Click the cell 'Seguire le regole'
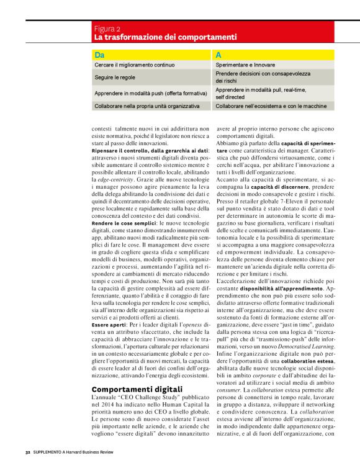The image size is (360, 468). click(115, 78)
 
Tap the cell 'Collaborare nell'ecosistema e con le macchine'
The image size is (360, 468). click(271, 106)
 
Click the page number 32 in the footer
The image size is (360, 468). click(27, 451)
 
